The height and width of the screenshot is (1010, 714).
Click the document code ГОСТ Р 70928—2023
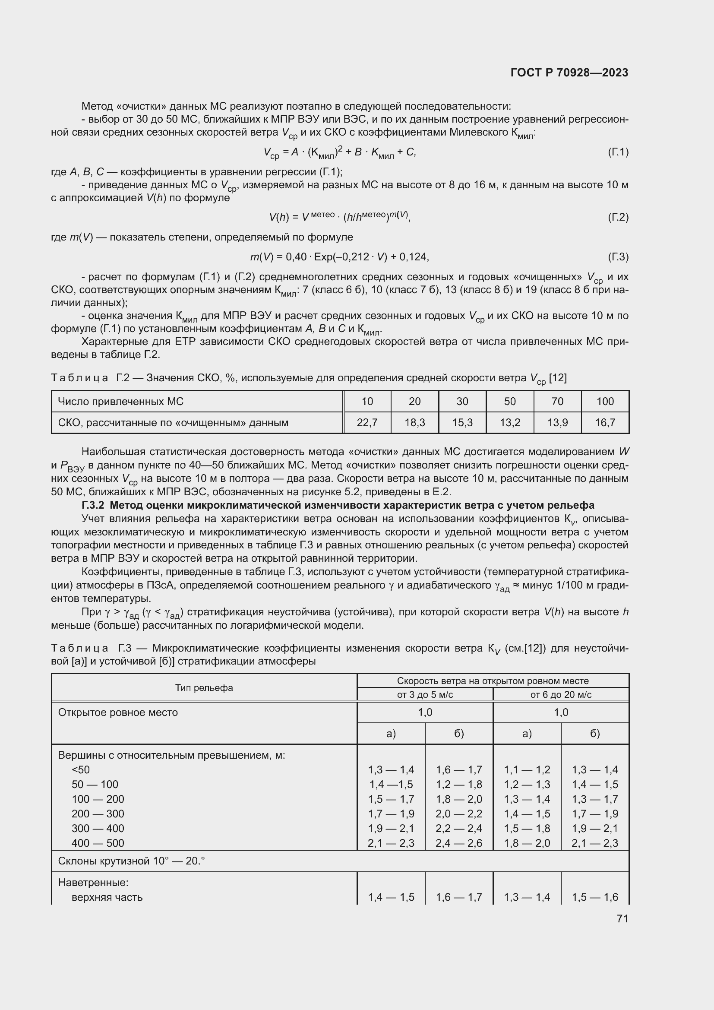569,73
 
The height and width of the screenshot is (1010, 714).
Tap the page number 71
622,918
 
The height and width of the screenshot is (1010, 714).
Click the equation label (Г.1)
618,152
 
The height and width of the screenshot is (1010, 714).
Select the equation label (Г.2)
618,217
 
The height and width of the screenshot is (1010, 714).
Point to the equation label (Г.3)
618,257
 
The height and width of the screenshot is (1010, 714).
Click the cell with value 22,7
367,423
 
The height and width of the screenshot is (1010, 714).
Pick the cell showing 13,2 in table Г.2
509,423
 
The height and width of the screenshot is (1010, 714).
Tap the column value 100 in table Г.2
605,401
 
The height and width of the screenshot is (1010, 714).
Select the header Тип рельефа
204,687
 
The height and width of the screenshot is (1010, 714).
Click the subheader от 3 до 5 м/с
425,695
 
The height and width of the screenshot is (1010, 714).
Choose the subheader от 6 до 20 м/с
561,695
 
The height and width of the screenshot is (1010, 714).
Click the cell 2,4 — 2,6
458,843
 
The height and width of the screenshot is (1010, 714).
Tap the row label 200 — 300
98,814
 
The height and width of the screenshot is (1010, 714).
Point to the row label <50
80,770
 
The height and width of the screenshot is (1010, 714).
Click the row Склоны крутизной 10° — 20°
132,861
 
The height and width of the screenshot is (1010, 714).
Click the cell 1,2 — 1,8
458,784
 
